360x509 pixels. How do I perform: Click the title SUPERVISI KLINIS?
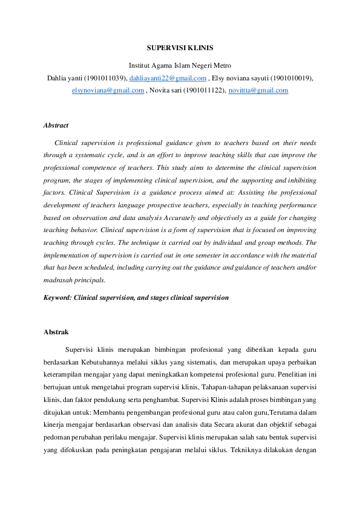[x=180, y=47]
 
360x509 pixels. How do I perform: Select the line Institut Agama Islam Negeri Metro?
[x=180, y=65]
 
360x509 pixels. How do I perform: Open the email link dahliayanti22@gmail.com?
[x=168, y=78]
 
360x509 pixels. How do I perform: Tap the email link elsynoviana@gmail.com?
[x=108, y=90]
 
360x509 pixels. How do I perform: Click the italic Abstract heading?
[x=56, y=125]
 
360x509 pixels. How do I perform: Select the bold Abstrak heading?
[x=56, y=332]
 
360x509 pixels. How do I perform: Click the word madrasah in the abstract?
[x=59, y=280]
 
